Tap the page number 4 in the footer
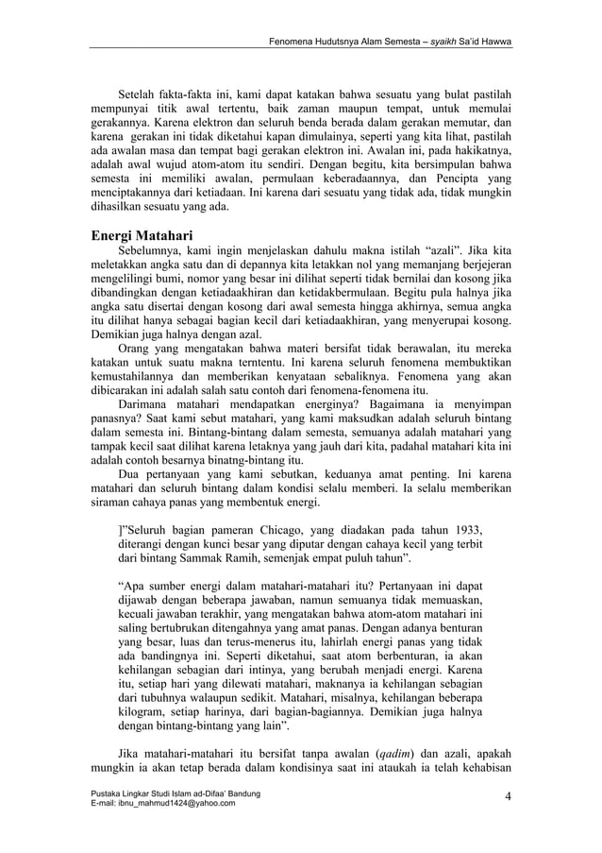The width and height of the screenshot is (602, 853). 508,796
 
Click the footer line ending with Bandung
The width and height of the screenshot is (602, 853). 173,792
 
